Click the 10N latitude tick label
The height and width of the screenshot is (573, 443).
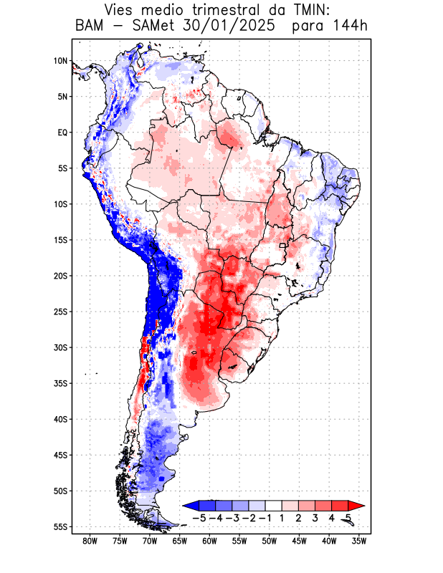click(x=60, y=61)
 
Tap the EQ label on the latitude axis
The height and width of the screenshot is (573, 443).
click(x=62, y=133)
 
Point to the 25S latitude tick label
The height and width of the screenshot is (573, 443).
click(x=60, y=312)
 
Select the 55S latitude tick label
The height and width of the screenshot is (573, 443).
click(x=60, y=526)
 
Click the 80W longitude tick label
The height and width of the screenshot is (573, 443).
click(x=90, y=541)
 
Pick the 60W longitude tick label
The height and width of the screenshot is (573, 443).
click(x=210, y=541)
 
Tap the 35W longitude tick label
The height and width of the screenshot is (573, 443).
click(x=359, y=541)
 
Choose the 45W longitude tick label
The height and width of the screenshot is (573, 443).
click(x=300, y=541)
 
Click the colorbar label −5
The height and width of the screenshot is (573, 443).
click(x=200, y=518)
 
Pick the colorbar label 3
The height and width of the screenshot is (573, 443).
click(x=315, y=518)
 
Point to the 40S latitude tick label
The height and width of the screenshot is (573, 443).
click(x=60, y=419)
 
